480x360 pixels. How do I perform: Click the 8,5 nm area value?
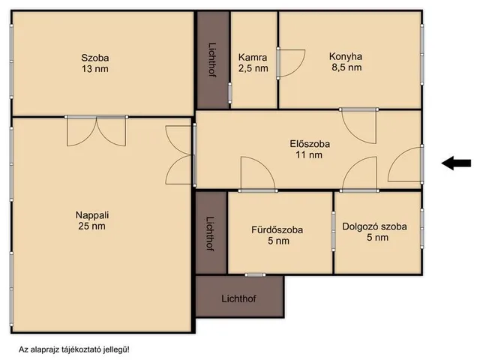click(346, 67)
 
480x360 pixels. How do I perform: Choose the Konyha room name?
click(346, 55)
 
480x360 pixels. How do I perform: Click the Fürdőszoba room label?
click(277, 229)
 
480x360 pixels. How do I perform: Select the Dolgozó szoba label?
click(374, 226)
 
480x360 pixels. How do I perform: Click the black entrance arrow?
click(456, 163)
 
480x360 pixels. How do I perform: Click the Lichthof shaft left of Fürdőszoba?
click(211, 233)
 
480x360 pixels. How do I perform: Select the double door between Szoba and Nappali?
click(96, 130)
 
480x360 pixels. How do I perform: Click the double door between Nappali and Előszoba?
click(180, 155)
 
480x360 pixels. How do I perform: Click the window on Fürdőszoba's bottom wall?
click(255, 274)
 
